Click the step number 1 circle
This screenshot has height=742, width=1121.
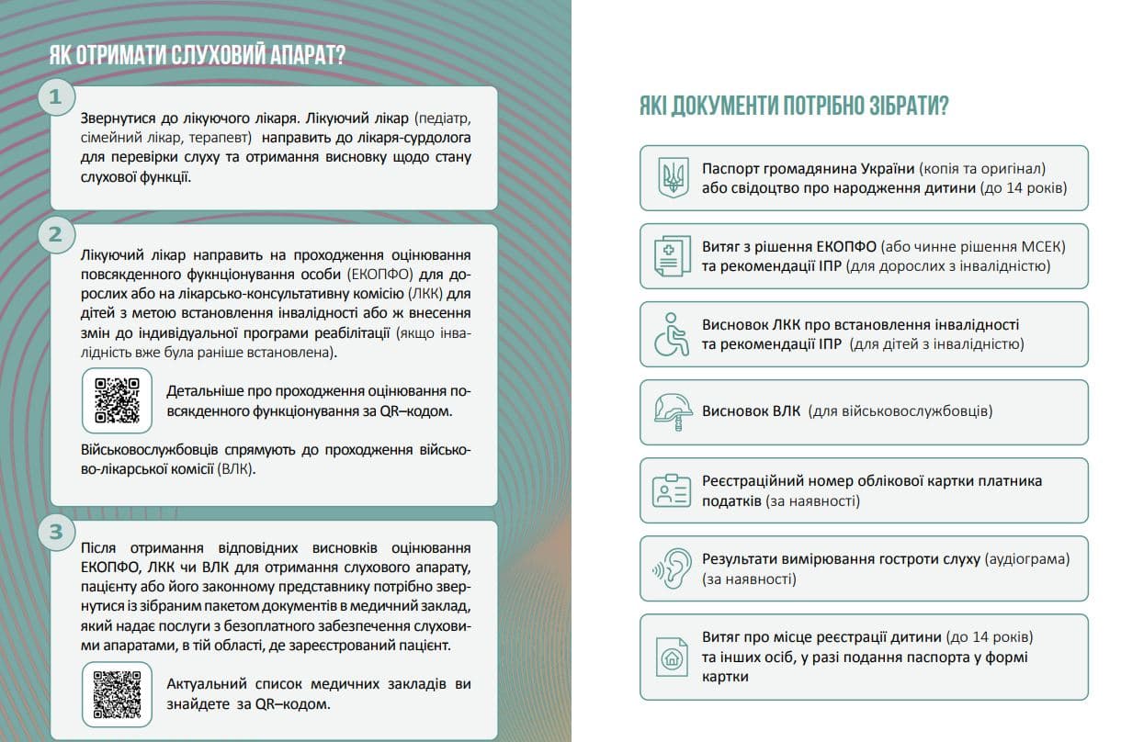click(57, 97)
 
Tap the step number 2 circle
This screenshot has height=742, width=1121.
click(57, 234)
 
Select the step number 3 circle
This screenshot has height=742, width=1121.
click(57, 532)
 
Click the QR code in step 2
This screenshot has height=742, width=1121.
click(117, 400)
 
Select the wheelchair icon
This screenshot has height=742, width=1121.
click(672, 334)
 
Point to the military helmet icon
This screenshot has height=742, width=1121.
click(672, 411)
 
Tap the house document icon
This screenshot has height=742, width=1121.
click(672, 656)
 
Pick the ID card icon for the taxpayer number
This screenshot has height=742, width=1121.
click(672, 490)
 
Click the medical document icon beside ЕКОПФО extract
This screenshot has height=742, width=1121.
click(672, 256)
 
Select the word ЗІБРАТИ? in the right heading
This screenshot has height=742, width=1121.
click(901, 107)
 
